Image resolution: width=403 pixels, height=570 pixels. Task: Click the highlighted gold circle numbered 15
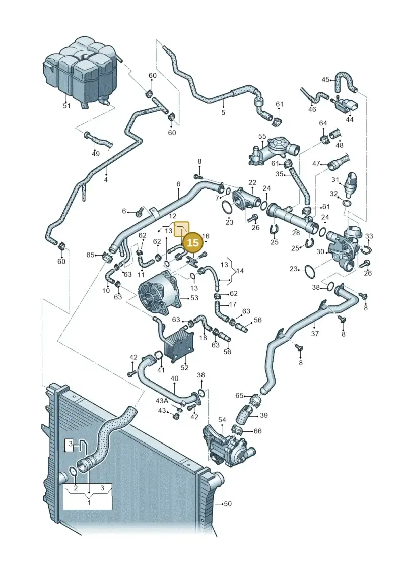coord(192,243)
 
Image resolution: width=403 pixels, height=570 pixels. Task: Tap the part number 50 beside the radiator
coord(228,504)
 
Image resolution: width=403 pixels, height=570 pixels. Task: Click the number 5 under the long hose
coord(223,113)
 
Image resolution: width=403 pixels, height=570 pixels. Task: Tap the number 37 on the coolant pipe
coord(315,333)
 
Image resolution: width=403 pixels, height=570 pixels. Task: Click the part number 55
coord(262,136)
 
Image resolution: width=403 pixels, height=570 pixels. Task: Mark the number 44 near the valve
coord(349,119)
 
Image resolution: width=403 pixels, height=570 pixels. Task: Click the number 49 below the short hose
coord(95,154)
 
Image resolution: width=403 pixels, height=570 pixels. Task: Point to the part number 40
coord(174,378)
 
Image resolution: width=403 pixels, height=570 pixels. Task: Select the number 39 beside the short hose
coord(264,415)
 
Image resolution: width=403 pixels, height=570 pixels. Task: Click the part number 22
coord(252,182)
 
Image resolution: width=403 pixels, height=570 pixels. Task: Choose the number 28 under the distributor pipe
coord(296,233)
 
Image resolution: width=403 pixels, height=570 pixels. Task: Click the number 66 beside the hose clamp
coord(257,431)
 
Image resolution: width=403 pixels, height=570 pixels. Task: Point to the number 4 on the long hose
coord(106,179)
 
